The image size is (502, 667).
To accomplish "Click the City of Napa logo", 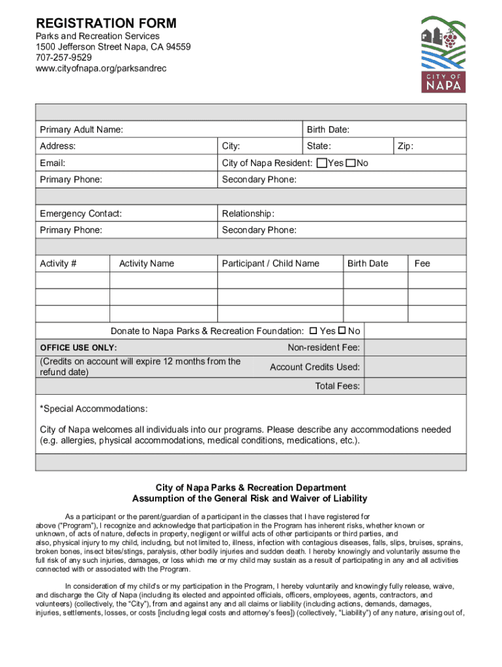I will (443, 55).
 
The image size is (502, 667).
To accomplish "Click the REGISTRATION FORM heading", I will (106, 23).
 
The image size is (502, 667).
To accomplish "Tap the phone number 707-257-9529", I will (63, 58).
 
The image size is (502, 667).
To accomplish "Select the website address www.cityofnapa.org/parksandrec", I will (101, 68).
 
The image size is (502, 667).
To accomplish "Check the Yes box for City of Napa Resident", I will (321, 163).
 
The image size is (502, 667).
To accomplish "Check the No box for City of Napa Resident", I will (351, 163).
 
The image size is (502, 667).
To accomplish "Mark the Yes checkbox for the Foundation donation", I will (313, 331).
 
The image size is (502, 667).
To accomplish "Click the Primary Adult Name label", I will (81, 130).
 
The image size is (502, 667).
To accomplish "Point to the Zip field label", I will (406, 147).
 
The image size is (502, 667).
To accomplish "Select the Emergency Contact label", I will (81, 214).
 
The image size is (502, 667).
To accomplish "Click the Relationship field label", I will (248, 214).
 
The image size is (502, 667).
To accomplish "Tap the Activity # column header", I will (58, 263).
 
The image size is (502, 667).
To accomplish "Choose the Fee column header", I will (422, 263).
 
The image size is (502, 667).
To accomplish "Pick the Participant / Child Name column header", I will (271, 263).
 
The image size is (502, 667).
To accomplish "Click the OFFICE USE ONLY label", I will (78, 348).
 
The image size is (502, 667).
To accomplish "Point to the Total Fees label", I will (338, 386).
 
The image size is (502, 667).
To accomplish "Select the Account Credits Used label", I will (315, 367).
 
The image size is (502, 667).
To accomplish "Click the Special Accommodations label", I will (94, 409).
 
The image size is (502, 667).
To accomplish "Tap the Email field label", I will (52, 163).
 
